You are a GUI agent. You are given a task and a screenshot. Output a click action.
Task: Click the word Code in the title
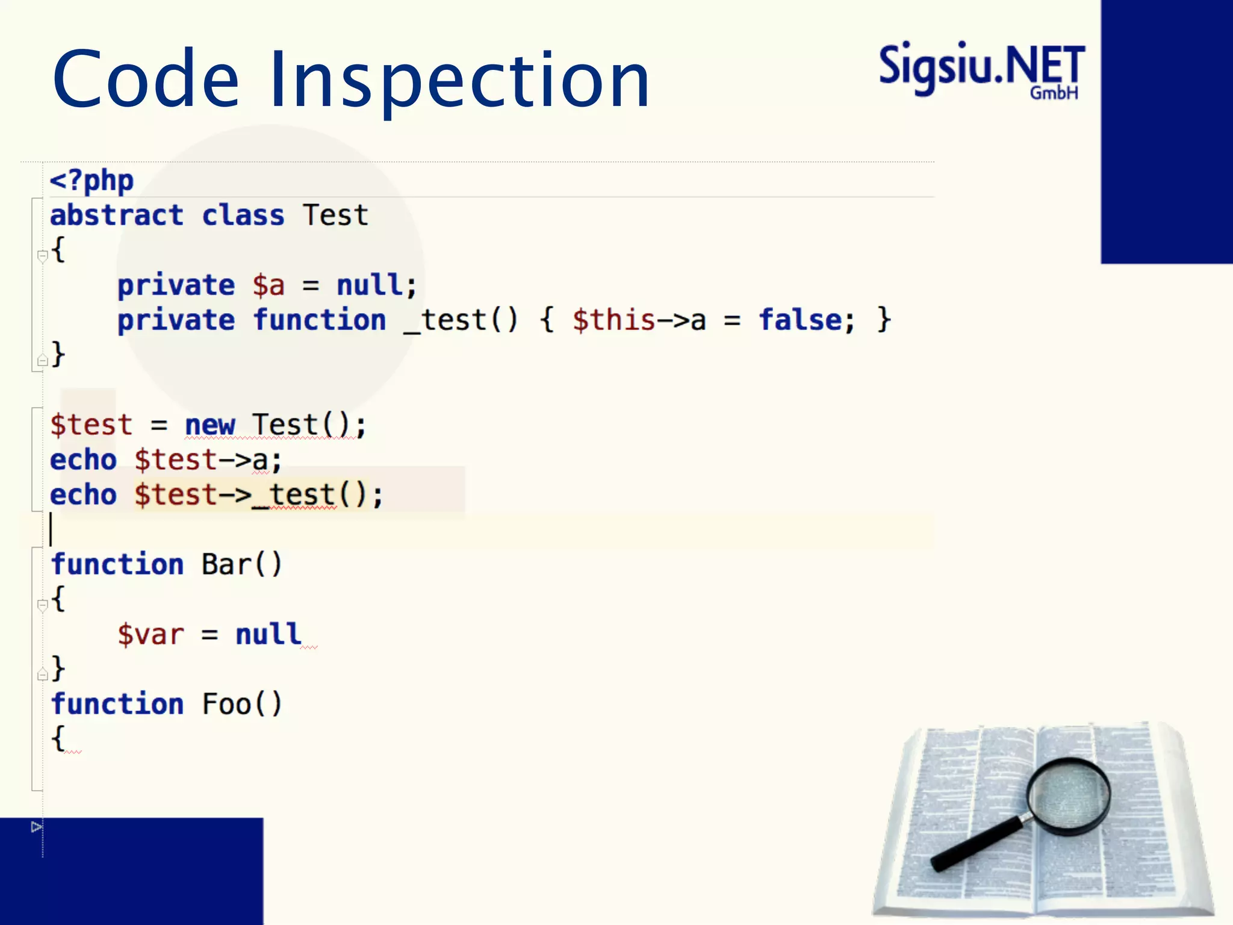click(x=146, y=80)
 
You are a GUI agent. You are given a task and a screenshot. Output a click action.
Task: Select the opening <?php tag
click(x=92, y=181)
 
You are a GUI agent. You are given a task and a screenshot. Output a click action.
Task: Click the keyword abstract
click(x=116, y=216)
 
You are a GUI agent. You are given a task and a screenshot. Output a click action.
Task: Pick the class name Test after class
click(x=335, y=216)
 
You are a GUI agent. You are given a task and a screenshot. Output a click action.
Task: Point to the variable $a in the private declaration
click(x=269, y=285)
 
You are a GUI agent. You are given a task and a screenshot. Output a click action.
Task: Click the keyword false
click(x=800, y=320)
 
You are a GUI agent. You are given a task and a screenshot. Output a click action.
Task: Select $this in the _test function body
click(x=613, y=320)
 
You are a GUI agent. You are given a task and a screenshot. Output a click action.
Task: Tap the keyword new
click(x=210, y=425)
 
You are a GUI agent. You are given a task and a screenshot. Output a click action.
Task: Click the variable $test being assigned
click(x=91, y=425)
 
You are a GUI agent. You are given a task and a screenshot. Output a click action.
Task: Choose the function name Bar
click(x=226, y=565)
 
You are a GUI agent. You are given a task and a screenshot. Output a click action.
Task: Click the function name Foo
click(x=226, y=705)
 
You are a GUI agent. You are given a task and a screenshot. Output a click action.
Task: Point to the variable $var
click(x=151, y=635)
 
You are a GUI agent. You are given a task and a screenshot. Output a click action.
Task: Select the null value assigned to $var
click(x=269, y=635)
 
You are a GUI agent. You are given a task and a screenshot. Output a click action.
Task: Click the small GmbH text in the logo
click(x=1054, y=93)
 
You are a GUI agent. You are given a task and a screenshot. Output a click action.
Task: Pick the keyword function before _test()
click(x=320, y=320)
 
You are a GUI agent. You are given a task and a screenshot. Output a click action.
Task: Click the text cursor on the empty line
click(x=51, y=529)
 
